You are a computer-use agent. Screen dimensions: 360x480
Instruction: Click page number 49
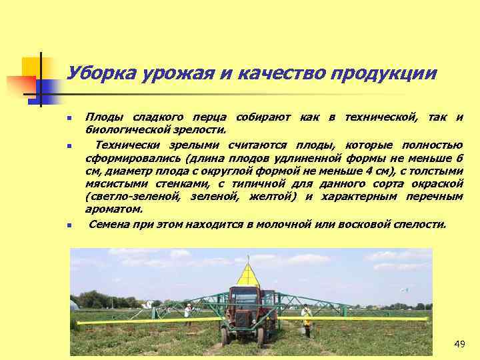tap(459, 344)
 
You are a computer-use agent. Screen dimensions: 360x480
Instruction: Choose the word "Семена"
tap(110, 224)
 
